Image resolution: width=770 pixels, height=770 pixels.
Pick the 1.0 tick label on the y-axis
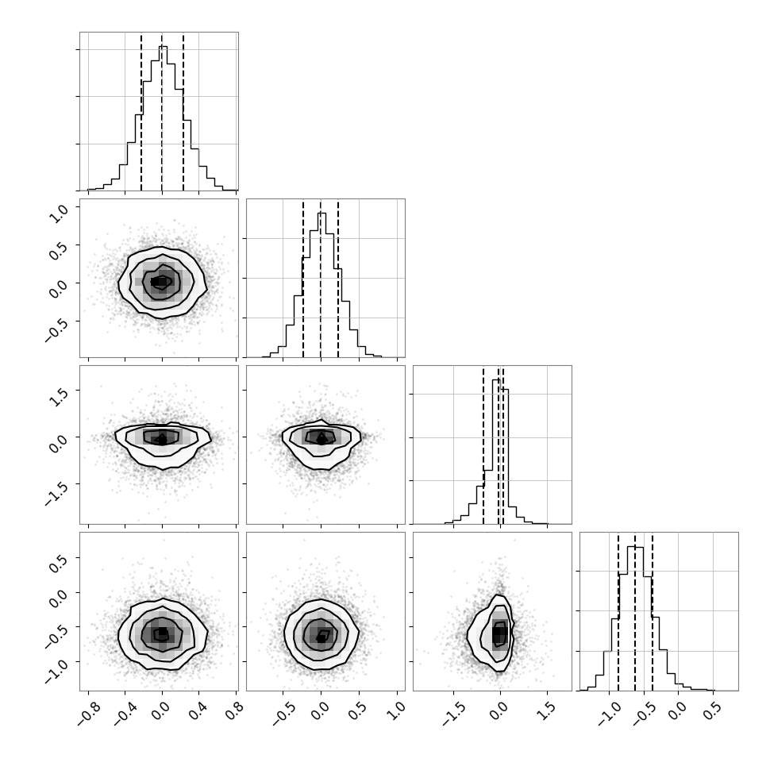(60, 214)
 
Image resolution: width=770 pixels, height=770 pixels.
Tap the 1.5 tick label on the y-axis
(60, 397)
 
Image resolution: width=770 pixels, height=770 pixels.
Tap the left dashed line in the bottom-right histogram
(618, 611)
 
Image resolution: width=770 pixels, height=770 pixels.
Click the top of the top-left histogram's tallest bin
(163, 47)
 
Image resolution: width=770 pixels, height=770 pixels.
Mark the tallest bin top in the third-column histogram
(496, 379)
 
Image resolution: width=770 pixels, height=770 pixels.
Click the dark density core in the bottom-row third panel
(500, 633)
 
